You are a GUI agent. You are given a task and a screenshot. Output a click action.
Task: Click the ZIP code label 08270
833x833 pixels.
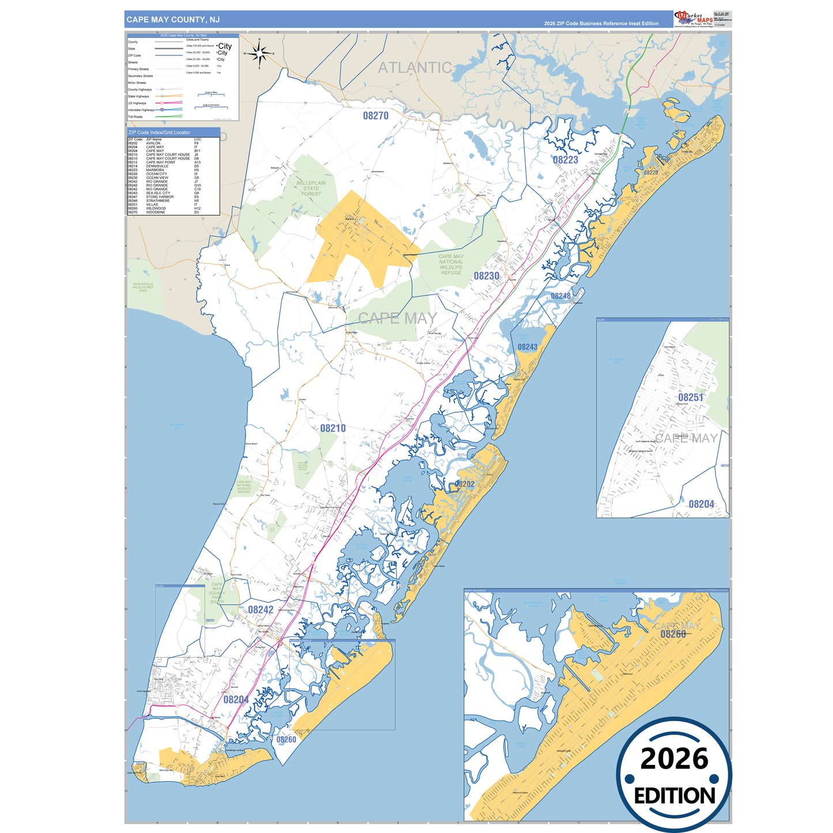[375, 116]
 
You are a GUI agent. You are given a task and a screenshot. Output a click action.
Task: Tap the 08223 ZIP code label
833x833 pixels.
[565, 160]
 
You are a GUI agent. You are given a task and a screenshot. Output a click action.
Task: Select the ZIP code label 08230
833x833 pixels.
[487, 276]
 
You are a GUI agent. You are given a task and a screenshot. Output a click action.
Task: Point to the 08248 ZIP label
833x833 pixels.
[560, 296]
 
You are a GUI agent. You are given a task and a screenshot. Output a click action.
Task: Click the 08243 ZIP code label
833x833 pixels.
[527, 347]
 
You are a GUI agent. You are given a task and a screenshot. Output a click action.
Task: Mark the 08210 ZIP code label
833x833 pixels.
[333, 428]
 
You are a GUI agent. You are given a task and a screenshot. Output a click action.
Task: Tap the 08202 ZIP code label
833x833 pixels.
[465, 484]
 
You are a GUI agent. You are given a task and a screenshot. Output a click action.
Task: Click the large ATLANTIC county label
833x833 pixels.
[414, 68]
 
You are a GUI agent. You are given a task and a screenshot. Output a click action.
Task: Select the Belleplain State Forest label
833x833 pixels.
[311, 189]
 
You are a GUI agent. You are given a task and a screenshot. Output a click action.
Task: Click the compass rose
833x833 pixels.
[260, 54]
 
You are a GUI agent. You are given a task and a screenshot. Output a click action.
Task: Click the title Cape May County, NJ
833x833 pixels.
[173, 20]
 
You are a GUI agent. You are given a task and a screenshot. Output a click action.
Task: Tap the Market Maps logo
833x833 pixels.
[693, 19]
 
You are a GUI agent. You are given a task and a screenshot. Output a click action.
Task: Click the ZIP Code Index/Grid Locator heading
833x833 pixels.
[159, 133]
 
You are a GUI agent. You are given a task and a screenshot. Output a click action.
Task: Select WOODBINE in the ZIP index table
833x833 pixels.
[156, 212]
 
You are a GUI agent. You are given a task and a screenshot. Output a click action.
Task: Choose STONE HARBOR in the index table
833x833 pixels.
[160, 197]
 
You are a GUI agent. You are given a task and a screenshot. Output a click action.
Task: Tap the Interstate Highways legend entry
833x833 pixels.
[141, 110]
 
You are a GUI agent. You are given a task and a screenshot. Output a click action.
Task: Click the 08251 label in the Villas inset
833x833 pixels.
[690, 398]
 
